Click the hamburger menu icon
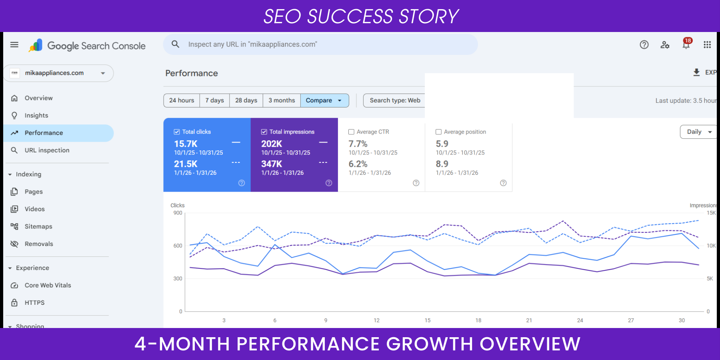coord(14,45)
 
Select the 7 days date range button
coord(214,100)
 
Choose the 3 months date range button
coord(282,100)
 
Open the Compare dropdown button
coord(324,100)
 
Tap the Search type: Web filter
coord(394,100)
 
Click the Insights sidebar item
coord(36,116)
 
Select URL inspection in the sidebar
coord(47,150)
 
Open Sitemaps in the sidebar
coord(38,226)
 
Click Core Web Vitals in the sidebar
coord(48,285)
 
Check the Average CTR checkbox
coord(352,132)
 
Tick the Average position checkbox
coord(439,132)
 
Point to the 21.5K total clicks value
coord(186,164)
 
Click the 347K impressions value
coord(272,164)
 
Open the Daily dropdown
coord(698,132)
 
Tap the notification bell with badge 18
coord(686,44)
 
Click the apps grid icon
coord(707,45)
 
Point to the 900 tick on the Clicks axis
coord(178,213)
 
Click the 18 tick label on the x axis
coord(478,320)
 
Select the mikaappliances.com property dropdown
coord(59,73)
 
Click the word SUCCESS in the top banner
coord(350,16)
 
